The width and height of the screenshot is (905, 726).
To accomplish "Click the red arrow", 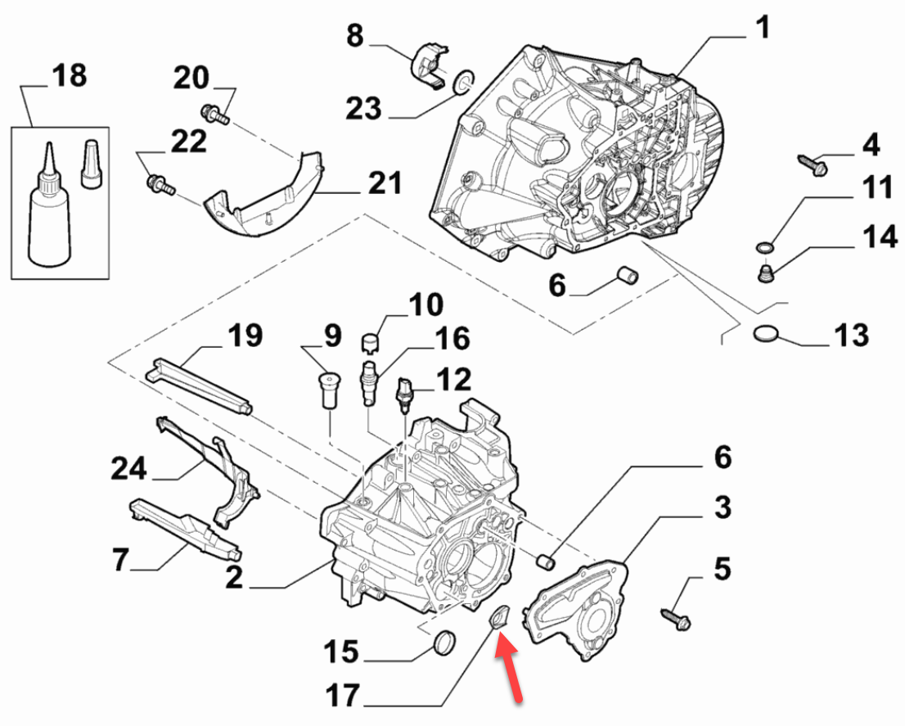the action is point(509,666).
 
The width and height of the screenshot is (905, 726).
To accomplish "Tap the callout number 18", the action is point(70,75).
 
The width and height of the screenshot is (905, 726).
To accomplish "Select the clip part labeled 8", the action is point(430,65).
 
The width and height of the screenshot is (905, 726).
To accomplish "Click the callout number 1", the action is point(763,27).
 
